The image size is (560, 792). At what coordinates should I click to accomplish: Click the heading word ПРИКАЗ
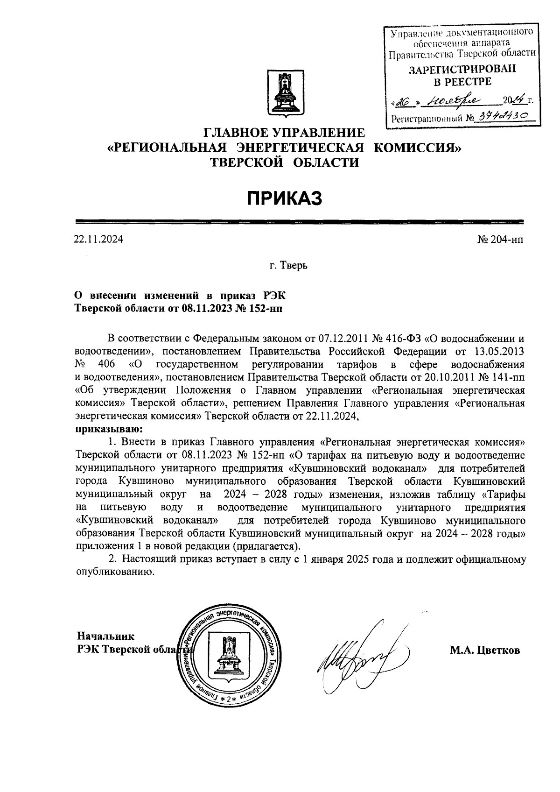pos(285,198)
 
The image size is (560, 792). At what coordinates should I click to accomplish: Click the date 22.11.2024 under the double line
pos(98,240)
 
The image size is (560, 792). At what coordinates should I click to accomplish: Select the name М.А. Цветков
pos(485,650)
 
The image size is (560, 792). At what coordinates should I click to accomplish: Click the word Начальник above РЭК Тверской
pos(105,636)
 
